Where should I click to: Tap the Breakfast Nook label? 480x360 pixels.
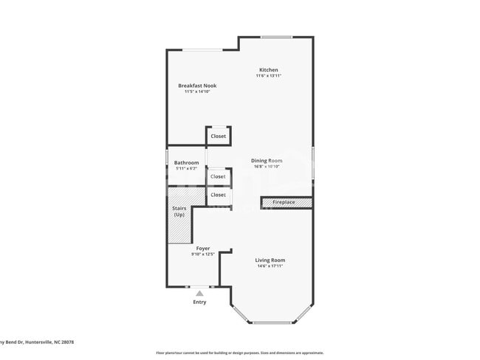tap(197, 86)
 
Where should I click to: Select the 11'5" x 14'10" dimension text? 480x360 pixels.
tap(197, 92)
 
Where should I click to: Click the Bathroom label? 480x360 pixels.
tap(186, 162)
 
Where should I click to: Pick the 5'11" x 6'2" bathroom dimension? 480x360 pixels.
tap(186, 169)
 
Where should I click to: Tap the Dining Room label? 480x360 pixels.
tap(267, 160)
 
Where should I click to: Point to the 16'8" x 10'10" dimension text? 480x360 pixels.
tap(267, 167)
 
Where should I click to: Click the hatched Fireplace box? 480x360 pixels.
tap(287, 201)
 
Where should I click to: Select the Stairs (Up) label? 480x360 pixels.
tap(179, 211)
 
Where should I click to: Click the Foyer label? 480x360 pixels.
tap(202, 249)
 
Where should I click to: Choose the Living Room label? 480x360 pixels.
tap(270, 260)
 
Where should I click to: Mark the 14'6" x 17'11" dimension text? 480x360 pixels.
tap(270, 266)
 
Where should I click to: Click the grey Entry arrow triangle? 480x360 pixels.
tap(199, 293)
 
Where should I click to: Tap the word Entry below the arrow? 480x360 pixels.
tap(199, 302)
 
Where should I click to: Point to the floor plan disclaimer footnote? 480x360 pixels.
tap(239, 353)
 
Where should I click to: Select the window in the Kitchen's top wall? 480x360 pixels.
tap(276, 37)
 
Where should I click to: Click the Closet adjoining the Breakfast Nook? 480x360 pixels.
tap(218, 136)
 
